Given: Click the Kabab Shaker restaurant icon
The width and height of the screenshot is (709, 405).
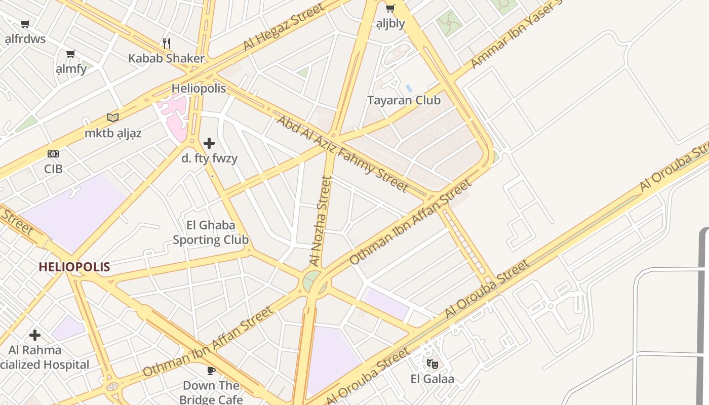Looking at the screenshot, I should coord(167,43).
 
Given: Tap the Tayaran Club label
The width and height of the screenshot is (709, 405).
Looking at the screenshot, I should coord(404,100).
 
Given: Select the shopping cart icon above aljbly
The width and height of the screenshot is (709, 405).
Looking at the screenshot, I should coord(390,8).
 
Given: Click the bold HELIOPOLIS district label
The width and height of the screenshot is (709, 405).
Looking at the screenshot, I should coord(74,267).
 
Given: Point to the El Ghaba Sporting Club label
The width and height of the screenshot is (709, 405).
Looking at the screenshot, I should coord(211,232).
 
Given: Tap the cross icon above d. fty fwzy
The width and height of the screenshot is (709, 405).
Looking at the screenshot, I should coord(209,143).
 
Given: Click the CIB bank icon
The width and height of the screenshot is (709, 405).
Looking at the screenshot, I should coord(53,154).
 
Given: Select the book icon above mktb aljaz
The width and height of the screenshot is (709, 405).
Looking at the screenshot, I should coord(113,118).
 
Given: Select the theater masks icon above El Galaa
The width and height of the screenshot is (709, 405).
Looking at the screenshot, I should coord(432,363).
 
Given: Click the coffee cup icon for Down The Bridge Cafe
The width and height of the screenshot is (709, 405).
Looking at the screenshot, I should coord(211,371).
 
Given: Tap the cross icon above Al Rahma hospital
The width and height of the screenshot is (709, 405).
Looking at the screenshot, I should coord(35,335).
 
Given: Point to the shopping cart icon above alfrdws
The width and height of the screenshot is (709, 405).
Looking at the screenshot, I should coord(25,24).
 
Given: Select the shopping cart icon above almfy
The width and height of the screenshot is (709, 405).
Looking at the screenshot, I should coord(71,54).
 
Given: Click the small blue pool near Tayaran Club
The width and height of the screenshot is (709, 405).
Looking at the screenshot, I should coord(409,89).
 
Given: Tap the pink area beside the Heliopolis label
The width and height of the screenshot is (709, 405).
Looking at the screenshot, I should coord(174,114).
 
